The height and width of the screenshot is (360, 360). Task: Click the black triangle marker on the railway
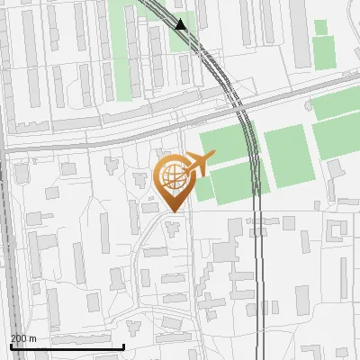[x=182, y=24]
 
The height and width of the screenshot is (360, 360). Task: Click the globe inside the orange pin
[x=172, y=175]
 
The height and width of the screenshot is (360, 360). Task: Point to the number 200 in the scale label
[x=19, y=338]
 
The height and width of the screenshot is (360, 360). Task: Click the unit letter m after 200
[x=33, y=338]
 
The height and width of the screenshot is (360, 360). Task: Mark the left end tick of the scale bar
[x=10, y=346]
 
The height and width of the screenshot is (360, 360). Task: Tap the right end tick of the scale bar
[x=123, y=346]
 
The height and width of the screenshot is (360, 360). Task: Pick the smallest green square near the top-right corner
[x=320, y=27]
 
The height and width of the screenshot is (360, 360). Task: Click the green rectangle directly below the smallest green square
[x=324, y=54]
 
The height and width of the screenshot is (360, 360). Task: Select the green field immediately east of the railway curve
[x=289, y=156]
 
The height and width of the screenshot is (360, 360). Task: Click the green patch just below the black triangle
[x=183, y=40]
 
